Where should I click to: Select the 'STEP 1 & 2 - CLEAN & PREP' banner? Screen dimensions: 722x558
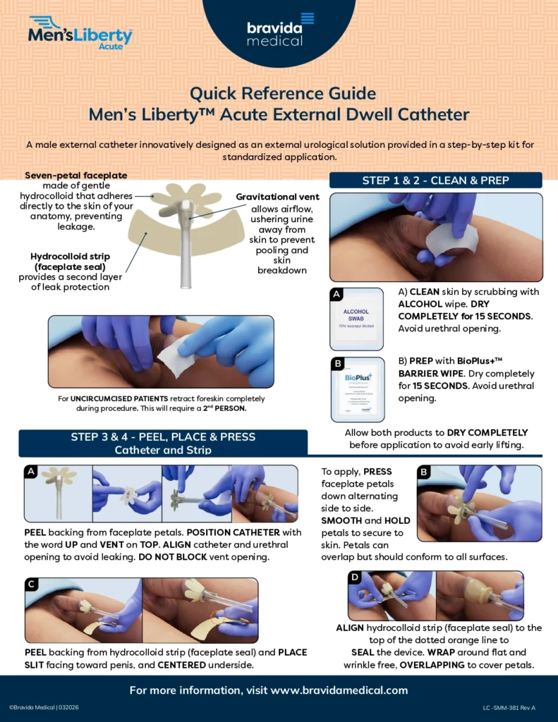click(435, 180)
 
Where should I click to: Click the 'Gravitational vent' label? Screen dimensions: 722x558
click(277, 197)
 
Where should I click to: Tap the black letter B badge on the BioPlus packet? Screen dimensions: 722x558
click(338, 364)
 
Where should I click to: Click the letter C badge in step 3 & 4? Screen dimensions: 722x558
click(32, 585)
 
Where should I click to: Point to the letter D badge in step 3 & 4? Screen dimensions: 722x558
click(356, 577)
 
